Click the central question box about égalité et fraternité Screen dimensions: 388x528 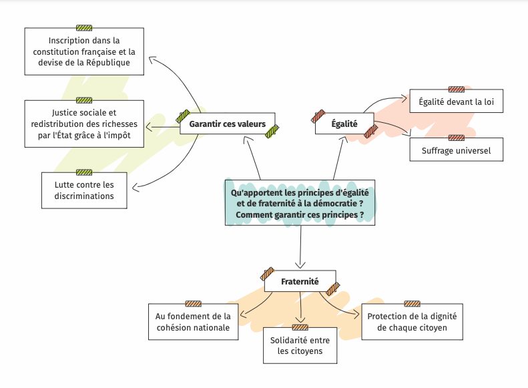300,203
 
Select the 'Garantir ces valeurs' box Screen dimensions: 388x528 227,124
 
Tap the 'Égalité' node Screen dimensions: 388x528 344,124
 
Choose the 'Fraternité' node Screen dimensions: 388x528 300,282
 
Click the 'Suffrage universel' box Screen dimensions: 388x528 456,150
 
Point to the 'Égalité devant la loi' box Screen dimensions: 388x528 456,102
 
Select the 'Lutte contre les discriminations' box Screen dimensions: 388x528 84,190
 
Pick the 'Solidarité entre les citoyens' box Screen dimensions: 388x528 300,345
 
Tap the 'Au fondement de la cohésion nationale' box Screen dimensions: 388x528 193,322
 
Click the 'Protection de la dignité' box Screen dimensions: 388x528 412,322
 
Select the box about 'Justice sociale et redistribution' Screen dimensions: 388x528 84,124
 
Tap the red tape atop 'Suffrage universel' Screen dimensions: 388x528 456,138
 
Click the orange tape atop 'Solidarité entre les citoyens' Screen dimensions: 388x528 300,327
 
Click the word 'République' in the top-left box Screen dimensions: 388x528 107,63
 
